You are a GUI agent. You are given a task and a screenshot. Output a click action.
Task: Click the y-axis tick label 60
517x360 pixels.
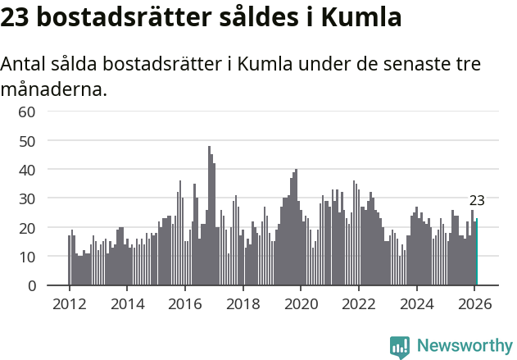26,112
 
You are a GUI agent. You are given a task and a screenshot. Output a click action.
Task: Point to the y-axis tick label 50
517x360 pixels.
26,140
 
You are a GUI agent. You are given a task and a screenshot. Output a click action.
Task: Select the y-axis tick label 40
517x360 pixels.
26,170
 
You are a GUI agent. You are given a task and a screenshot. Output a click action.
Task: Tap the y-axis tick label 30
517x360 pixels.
26,198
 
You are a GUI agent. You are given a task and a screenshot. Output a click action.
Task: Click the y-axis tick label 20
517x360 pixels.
26,228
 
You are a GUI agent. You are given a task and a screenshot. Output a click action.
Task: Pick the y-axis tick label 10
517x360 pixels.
26,257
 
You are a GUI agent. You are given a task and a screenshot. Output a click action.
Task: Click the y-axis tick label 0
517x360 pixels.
31,286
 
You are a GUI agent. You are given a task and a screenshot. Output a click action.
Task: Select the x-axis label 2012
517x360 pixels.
69,304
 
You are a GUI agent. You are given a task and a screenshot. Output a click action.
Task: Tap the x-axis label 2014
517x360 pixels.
127,304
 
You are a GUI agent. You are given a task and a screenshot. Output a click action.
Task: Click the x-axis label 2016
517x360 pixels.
184,304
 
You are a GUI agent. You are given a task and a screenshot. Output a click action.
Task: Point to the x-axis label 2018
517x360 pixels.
243,304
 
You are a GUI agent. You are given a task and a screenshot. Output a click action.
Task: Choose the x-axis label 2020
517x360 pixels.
301,304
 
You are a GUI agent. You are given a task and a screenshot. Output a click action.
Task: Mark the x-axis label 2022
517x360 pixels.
358,304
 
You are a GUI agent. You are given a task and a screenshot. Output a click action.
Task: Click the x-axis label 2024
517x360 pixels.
416,304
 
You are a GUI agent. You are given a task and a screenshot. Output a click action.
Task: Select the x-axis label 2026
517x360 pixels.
474,304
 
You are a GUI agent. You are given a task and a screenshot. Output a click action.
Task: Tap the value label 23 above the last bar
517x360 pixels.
477,201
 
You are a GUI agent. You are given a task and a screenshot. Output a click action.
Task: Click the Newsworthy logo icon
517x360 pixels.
400,346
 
